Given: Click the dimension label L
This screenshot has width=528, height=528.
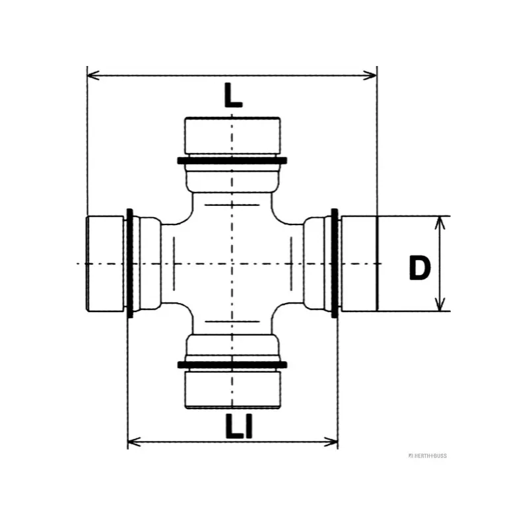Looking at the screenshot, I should click(232, 96).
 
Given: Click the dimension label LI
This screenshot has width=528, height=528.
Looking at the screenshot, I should click(238, 427).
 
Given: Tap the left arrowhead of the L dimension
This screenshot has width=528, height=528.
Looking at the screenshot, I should click(93, 75).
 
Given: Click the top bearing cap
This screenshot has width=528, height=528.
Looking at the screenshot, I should click(232, 135).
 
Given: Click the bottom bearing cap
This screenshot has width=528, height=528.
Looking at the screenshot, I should click(232, 389).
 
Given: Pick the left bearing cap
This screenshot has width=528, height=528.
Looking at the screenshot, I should click(106, 264).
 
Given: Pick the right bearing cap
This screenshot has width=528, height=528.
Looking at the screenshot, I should click(358, 264).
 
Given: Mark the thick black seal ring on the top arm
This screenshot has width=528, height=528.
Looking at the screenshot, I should click(232, 160).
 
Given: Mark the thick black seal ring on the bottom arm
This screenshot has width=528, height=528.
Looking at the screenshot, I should click(232, 364).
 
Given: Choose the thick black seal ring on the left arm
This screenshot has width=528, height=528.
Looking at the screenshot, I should click(130, 264).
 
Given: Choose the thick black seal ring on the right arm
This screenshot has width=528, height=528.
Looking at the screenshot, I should click(335, 264).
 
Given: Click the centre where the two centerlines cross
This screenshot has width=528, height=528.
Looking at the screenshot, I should click(232, 264).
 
